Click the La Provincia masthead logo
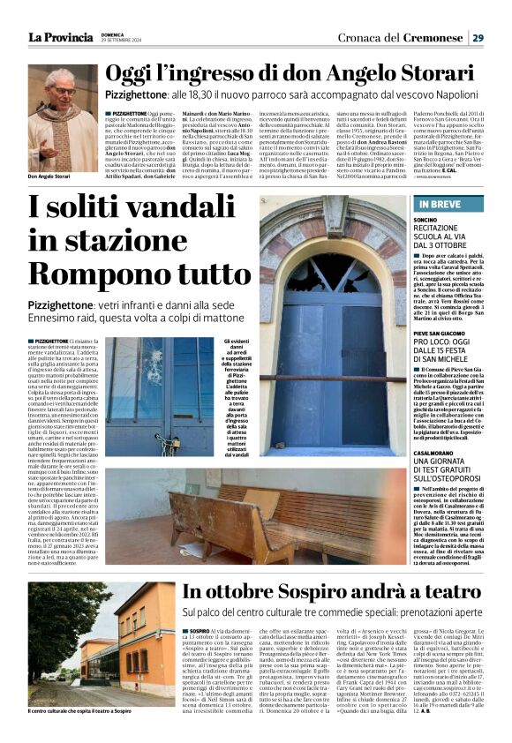pos(60,37)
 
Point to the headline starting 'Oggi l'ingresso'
pos(300,73)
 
